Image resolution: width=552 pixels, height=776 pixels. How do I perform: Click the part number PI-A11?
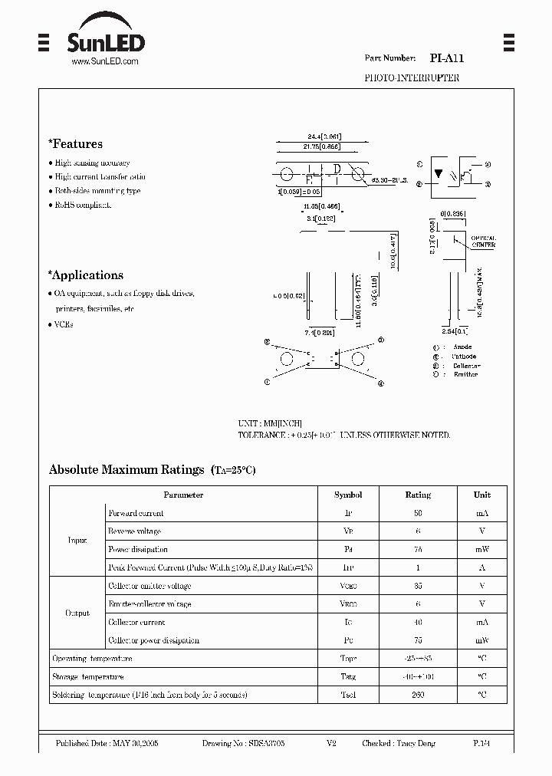pos(446,58)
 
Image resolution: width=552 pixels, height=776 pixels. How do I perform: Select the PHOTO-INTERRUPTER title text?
pos(411,78)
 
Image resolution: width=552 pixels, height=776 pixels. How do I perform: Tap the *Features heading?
pos(75,144)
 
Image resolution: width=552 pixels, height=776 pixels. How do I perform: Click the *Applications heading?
pos(85,275)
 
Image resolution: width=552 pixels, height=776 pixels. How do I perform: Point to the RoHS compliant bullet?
pos(82,205)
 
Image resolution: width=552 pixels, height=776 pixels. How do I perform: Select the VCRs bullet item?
pos(64,324)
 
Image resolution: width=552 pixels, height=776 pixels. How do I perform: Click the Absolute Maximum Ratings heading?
pos(127,469)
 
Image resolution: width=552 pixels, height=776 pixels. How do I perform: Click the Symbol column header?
pos(348,495)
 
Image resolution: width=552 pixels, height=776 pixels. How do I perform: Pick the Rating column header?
pos(418,495)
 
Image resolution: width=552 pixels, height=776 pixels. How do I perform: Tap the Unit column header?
pos(481,495)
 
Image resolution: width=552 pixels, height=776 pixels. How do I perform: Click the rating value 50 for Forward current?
pos(418,514)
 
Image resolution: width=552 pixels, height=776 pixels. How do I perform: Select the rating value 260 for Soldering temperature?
pos(418,695)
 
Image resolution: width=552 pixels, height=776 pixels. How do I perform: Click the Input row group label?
pos(77,541)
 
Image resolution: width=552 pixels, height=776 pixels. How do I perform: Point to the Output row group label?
pos(77,613)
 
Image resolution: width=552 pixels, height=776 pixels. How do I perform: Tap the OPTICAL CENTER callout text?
pos(483,241)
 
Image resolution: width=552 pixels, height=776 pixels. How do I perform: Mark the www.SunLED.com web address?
pos(104,61)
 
